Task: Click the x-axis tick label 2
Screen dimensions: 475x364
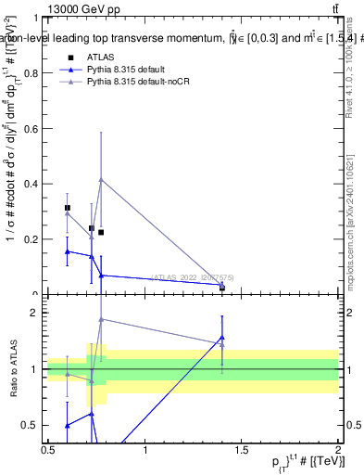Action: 337,450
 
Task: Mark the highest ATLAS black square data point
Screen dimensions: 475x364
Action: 67,208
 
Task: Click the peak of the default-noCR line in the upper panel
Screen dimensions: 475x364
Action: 101,179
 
